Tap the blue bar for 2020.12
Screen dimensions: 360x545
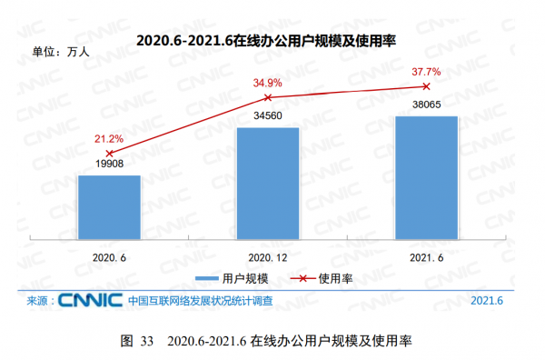268,185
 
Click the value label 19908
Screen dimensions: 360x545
109,165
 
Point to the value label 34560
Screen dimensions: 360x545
268,118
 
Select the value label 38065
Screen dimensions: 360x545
426,106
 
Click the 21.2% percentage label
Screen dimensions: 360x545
109,138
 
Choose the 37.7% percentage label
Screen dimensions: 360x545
426,71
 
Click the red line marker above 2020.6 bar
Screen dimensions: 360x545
109,153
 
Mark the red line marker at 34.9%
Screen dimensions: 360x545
268,96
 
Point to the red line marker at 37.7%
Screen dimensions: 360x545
426,86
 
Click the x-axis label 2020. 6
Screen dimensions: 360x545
109,257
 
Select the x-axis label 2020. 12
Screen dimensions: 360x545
268,257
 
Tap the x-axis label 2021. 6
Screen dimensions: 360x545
426,257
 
